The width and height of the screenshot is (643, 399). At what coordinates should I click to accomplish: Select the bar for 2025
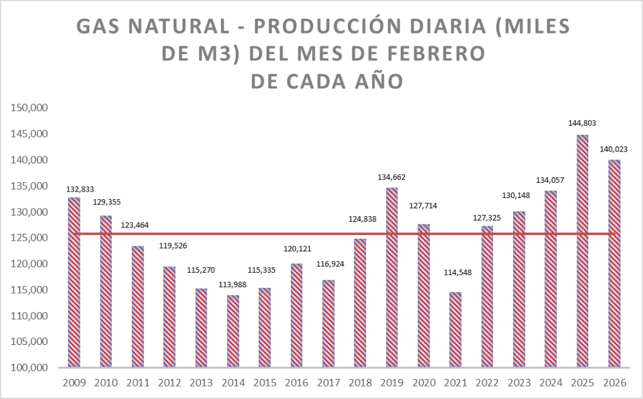pyautogui.click(x=582, y=251)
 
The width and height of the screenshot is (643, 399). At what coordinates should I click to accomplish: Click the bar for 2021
pyautogui.click(x=455, y=330)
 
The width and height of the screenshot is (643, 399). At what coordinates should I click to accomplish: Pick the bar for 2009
pyautogui.click(x=74, y=283)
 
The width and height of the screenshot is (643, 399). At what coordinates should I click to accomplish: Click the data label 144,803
pyautogui.click(x=581, y=124)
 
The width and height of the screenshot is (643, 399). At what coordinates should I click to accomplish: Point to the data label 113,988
pyautogui.click(x=232, y=285)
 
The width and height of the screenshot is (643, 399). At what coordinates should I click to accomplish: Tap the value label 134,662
pyautogui.click(x=392, y=177)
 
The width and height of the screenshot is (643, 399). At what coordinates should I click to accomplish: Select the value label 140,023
pyautogui.click(x=614, y=150)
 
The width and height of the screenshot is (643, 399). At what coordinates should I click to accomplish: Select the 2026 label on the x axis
pyautogui.click(x=613, y=383)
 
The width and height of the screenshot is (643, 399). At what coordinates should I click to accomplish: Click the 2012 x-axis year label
pyautogui.click(x=170, y=383)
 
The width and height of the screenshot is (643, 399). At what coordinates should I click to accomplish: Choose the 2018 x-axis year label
pyautogui.click(x=360, y=383)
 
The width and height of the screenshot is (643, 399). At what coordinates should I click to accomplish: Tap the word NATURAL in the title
pyautogui.click(x=182, y=27)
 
